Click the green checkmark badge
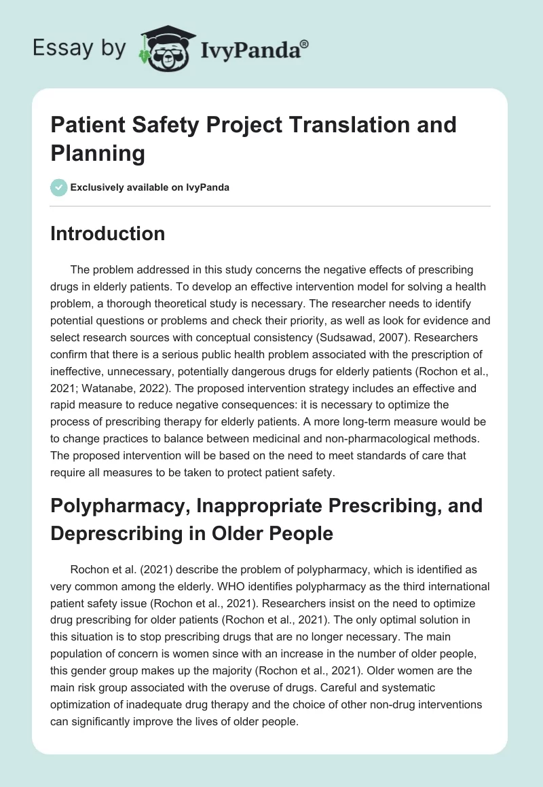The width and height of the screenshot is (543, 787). coord(59,187)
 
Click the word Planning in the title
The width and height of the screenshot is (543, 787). coord(98,153)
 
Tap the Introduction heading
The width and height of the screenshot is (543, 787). coord(108,233)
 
